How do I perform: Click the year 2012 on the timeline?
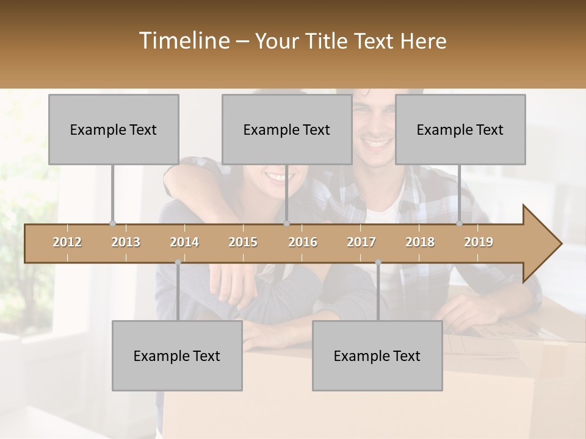point(67,242)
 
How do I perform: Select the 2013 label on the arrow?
point(126,242)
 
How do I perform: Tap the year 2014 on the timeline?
point(184,242)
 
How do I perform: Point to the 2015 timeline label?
point(243,242)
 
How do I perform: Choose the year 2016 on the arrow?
point(303,242)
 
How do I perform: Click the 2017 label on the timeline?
point(361,242)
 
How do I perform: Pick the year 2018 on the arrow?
point(420,242)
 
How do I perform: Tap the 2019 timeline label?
point(479,242)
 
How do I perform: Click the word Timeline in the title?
point(183,41)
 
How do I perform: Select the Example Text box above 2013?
point(114,129)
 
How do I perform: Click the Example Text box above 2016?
point(287,129)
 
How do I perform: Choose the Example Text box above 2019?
point(460,129)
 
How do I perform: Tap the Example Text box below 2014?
point(177,355)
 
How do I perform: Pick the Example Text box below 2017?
point(377,355)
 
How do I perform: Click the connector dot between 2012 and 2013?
point(112,223)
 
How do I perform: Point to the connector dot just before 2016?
point(286,223)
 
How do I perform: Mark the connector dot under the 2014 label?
point(178,262)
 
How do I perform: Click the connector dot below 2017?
point(378,262)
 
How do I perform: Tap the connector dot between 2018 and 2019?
point(460,223)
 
